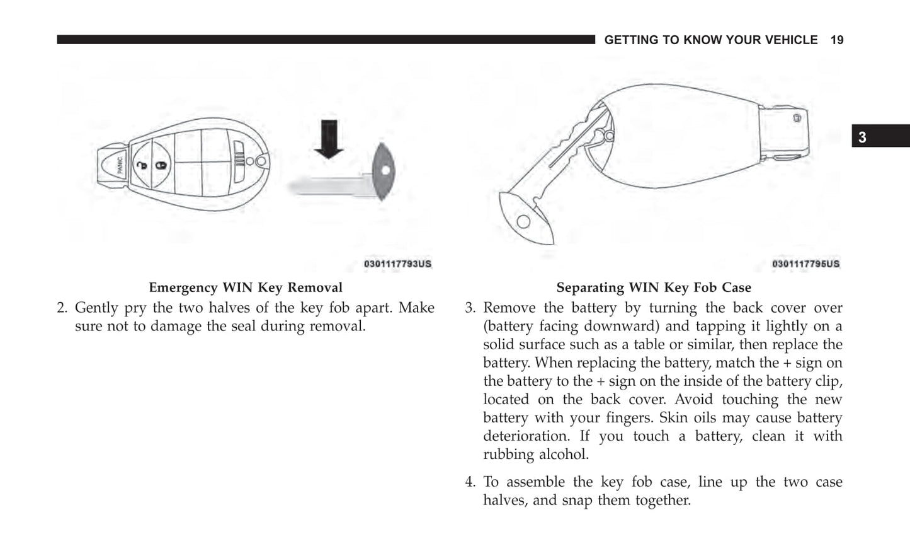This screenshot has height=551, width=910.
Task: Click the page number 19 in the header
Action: click(836, 40)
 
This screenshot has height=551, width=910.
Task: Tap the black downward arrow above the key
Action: click(328, 138)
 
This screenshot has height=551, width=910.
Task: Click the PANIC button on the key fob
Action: click(120, 166)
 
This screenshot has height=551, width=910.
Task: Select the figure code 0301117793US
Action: click(397, 264)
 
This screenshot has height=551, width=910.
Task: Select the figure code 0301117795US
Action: click(805, 264)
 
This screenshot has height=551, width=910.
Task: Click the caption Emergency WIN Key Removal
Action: click(246, 287)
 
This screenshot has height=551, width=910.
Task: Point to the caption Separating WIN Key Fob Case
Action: click(654, 287)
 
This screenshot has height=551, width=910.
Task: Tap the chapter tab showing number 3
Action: click(862, 137)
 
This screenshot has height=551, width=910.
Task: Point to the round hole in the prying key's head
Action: click(523, 221)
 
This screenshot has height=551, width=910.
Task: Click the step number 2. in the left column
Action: click(62, 308)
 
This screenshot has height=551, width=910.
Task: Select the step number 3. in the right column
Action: click(470, 308)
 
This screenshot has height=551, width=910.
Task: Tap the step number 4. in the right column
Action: click(470, 482)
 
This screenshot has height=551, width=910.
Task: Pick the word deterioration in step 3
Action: click(526, 436)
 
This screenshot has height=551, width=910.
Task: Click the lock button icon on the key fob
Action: click(161, 165)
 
